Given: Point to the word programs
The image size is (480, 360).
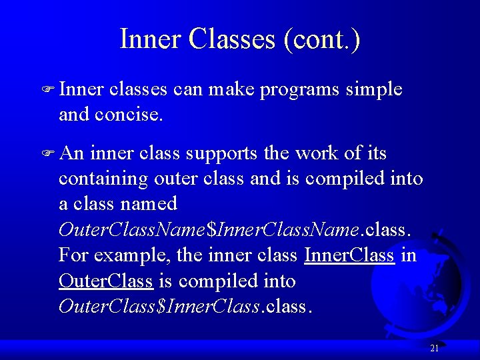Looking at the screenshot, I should (x=299, y=90).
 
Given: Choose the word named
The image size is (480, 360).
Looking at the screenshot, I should (x=153, y=204).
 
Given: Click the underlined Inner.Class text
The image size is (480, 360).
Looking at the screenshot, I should (x=349, y=255).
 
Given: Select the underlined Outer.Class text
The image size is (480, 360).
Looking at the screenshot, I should (x=106, y=281).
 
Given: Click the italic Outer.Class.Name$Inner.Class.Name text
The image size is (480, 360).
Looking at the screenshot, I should (x=209, y=230).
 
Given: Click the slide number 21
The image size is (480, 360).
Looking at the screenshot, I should (x=434, y=348).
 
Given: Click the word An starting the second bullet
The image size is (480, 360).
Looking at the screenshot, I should (x=71, y=153).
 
